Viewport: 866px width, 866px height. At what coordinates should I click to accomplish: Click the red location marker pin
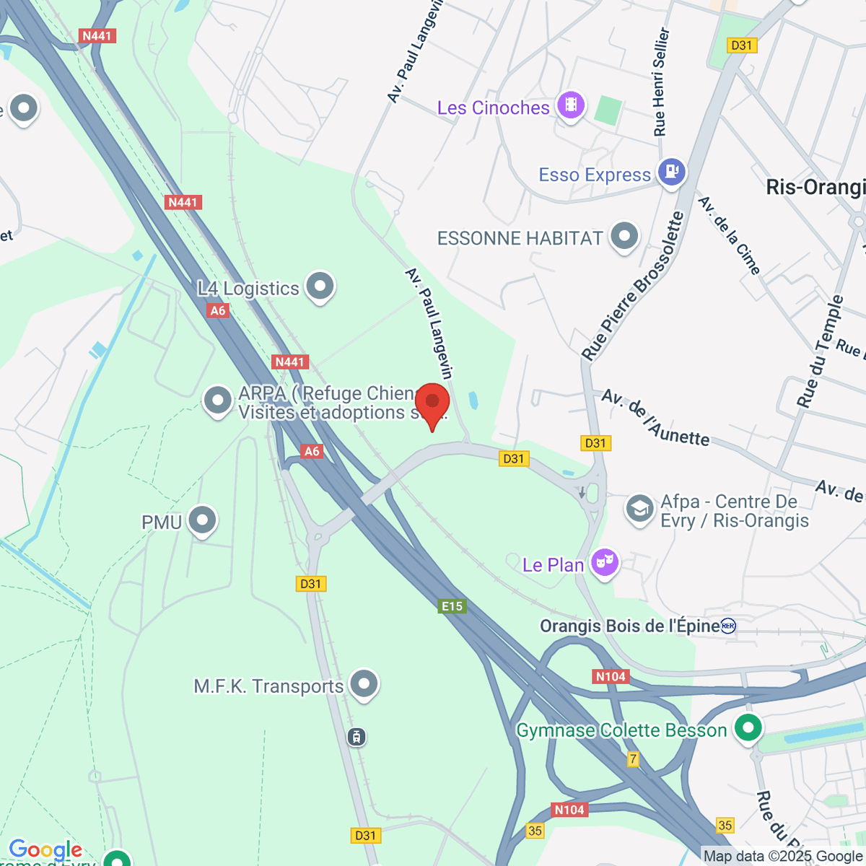point(432,402)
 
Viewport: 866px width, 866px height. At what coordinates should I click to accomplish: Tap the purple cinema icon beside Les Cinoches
point(571,105)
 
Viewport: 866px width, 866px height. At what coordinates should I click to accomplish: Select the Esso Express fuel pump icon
point(672,172)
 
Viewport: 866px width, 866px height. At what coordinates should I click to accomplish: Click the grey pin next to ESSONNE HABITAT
point(624,236)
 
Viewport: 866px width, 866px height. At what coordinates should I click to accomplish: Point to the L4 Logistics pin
point(320,286)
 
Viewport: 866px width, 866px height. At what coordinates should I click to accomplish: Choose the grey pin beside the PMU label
point(202,520)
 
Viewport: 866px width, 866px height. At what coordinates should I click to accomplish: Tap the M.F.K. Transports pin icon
point(364,683)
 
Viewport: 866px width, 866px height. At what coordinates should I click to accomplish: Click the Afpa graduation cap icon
point(639,509)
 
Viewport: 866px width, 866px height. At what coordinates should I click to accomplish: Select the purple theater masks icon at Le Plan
point(605,562)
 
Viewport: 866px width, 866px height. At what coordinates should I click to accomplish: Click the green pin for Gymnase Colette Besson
point(748,727)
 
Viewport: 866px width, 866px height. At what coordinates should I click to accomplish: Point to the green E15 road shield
point(452,606)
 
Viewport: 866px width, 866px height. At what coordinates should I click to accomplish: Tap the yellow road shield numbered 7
point(633,758)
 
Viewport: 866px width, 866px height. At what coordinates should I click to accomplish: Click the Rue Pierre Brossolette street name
point(633,287)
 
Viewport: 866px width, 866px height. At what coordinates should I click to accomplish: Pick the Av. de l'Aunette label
point(655,418)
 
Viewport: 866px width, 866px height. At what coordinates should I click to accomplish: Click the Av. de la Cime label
point(730,235)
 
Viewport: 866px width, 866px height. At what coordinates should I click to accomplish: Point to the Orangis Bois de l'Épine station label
point(630,626)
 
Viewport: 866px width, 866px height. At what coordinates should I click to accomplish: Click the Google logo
point(45,850)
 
